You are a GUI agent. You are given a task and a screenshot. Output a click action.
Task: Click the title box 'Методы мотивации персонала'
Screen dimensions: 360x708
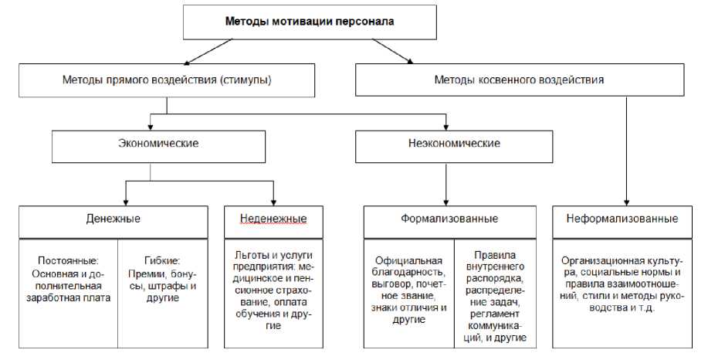(309, 22)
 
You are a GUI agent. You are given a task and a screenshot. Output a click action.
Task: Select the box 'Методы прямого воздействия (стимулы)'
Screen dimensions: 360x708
(168, 80)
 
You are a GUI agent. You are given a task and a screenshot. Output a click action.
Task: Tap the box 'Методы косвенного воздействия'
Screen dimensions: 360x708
(519, 80)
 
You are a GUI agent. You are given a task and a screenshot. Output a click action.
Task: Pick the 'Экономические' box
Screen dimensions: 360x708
(158, 144)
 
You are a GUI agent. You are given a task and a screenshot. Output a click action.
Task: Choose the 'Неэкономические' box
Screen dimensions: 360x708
(453, 144)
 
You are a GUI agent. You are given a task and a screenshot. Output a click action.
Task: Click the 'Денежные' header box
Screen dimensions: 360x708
(113, 219)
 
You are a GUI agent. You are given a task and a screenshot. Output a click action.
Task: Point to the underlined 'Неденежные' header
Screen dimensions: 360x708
(267, 219)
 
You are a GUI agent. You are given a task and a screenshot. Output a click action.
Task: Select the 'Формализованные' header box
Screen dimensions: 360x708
(449, 219)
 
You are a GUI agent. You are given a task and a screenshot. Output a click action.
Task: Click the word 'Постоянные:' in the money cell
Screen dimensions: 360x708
(66, 260)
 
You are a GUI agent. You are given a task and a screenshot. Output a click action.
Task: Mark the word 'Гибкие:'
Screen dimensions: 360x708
(161, 260)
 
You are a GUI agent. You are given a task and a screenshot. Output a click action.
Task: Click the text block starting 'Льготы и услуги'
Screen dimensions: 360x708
(266, 290)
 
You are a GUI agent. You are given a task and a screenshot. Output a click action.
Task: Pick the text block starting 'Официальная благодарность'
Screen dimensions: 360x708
(408, 290)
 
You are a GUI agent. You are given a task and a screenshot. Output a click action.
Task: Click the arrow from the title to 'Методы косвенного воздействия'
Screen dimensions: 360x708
(395, 51)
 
